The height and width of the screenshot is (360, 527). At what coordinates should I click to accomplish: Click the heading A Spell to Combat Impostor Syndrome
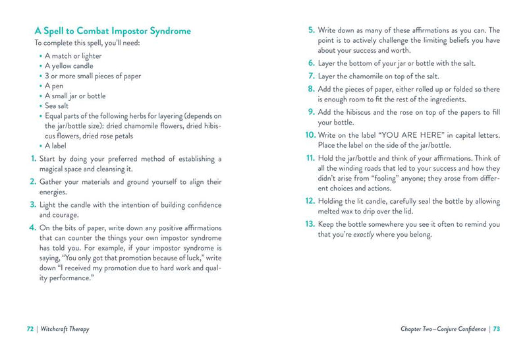pos(112,30)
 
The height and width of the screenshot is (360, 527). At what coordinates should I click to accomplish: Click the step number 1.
pos(32,159)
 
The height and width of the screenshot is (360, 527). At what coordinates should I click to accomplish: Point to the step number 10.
pos(310,135)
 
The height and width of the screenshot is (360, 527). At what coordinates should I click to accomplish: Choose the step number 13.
pos(310,224)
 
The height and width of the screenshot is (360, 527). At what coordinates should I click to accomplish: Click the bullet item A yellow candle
pos(69,66)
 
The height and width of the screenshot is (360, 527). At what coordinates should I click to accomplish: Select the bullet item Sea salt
pos(60,105)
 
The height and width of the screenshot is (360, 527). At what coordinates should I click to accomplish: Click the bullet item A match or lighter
pos(73,56)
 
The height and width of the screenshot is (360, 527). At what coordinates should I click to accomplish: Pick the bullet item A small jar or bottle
pos(75,96)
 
